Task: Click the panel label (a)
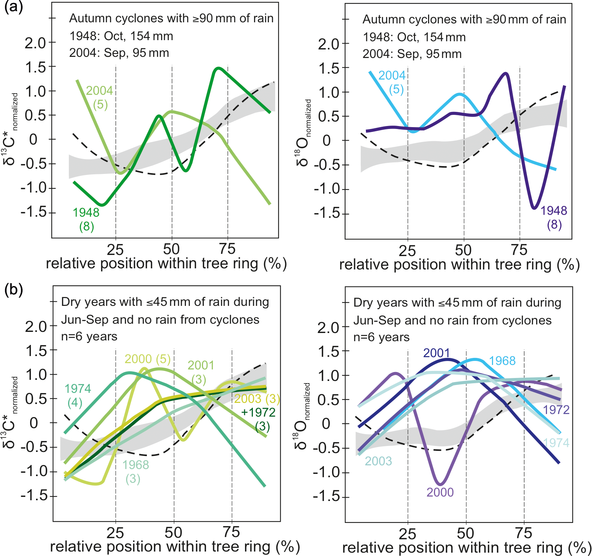click(x=13, y=7)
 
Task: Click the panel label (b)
click(x=13, y=290)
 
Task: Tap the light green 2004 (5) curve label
click(x=99, y=97)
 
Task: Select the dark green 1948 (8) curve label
click(x=86, y=219)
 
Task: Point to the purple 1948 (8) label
click(x=554, y=217)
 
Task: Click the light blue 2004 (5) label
click(x=392, y=82)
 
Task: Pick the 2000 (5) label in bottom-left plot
click(x=147, y=359)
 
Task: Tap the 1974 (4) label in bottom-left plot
click(x=77, y=395)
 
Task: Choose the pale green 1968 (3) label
click(x=135, y=472)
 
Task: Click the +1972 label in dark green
click(x=258, y=413)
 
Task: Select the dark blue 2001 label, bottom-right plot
click(x=436, y=353)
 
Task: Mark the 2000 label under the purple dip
click(x=440, y=492)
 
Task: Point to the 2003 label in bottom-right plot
click(x=378, y=461)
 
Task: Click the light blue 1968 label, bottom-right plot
click(x=502, y=361)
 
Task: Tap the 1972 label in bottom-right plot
click(x=556, y=410)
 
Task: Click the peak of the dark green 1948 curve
click(x=218, y=68)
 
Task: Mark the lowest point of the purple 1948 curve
click(x=534, y=208)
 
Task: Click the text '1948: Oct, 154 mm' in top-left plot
click(x=121, y=36)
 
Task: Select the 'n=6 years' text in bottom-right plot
click(x=382, y=337)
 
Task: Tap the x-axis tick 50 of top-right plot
click(x=463, y=250)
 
